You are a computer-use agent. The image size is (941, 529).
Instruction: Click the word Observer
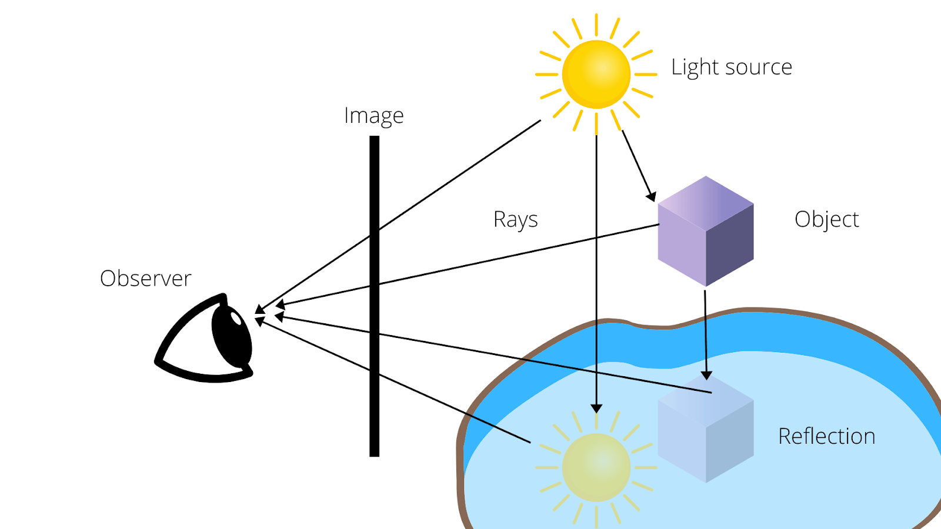click(x=145, y=278)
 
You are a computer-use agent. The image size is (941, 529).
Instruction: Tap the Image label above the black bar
click(x=373, y=116)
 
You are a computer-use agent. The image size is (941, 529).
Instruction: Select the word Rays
click(x=515, y=220)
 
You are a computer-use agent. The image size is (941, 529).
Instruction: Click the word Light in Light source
click(x=695, y=67)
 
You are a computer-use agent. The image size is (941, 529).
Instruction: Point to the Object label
click(x=826, y=219)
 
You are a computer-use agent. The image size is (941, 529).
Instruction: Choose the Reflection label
click(x=826, y=436)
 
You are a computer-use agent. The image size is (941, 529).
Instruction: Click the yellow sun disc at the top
click(x=596, y=74)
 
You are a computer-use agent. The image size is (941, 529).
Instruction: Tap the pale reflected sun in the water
click(x=596, y=467)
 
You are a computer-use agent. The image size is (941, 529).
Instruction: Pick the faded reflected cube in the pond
click(x=706, y=432)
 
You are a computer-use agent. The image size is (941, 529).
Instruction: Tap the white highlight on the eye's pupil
click(x=236, y=319)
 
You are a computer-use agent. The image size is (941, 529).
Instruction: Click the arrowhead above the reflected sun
click(x=596, y=409)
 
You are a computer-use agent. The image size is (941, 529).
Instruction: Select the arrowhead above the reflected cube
click(x=706, y=375)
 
